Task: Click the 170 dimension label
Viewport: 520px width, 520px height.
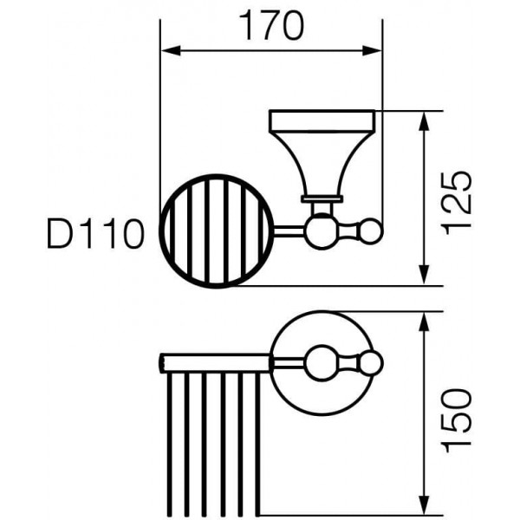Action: click(271, 25)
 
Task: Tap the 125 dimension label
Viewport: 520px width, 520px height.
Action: click(458, 203)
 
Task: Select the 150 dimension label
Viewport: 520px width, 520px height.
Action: click(458, 420)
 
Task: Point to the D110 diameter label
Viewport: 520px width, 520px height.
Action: click(96, 233)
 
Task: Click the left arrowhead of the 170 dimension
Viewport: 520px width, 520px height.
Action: click(171, 51)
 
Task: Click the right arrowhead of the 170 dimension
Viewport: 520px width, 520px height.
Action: click(372, 51)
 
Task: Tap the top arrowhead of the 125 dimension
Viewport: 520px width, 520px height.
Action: click(424, 121)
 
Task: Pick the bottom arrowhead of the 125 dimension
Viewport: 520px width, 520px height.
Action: click(424, 275)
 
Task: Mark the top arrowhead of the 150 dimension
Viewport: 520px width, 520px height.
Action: click(424, 322)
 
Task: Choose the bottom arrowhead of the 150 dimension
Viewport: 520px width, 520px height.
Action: click(424, 505)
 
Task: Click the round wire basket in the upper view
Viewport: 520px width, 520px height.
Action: click(161, 231)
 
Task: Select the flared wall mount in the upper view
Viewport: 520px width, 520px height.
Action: click(322, 166)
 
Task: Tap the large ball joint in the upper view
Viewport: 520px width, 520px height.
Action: click(322, 231)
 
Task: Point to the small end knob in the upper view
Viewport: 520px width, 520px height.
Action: click(372, 231)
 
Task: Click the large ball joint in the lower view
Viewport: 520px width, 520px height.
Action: click(322, 362)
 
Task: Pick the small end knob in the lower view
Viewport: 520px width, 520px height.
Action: click(372, 362)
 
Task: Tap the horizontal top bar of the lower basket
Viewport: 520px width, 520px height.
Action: click(215, 363)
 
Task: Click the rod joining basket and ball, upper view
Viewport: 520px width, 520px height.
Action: click(289, 231)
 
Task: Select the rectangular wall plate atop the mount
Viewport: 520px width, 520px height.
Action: click(322, 121)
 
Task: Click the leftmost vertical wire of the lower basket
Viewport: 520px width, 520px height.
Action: click(170, 445)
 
